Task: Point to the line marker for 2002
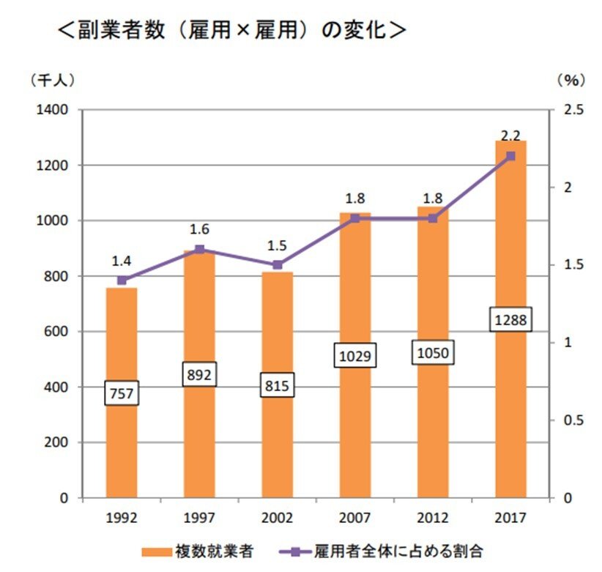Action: click(x=277, y=265)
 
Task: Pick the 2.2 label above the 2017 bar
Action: click(x=510, y=135)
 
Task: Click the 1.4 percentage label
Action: click(x=122, y=261)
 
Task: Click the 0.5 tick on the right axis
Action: click(x=573, y=420)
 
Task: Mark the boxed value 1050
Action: click(x=432, y=353)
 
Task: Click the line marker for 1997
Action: click(x=199, y=250)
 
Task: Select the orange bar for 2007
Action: click(x=354, y=439)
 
